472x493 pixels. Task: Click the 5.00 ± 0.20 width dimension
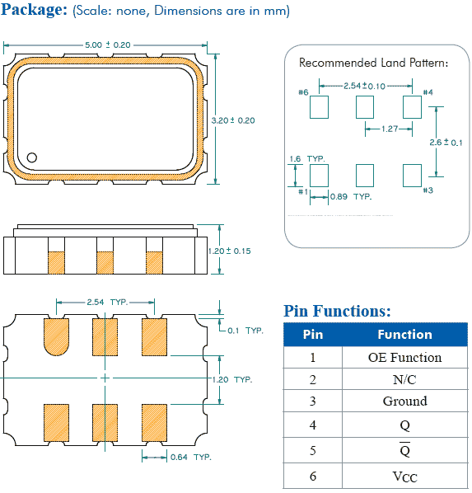point(108,44)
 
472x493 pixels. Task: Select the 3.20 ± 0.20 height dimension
point(234,120)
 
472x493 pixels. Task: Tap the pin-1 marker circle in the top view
point(32,157)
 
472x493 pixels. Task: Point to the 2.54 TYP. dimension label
point(107,303)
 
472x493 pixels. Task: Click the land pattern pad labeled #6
point(319,106)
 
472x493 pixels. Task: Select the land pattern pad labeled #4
point(411,106)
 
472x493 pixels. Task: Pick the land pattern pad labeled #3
point(411,174)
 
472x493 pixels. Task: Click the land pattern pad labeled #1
point(319,174)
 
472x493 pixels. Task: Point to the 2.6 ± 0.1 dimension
point(445,142)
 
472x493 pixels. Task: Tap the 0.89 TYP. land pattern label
point(350,197)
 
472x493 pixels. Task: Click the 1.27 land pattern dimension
point(390,129)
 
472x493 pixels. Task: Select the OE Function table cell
point(404,357)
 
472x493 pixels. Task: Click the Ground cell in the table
point(404,401)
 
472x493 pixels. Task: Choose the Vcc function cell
point(404,476)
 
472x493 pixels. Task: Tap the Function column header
point(404,334)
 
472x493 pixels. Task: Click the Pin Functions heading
point(337,311)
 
